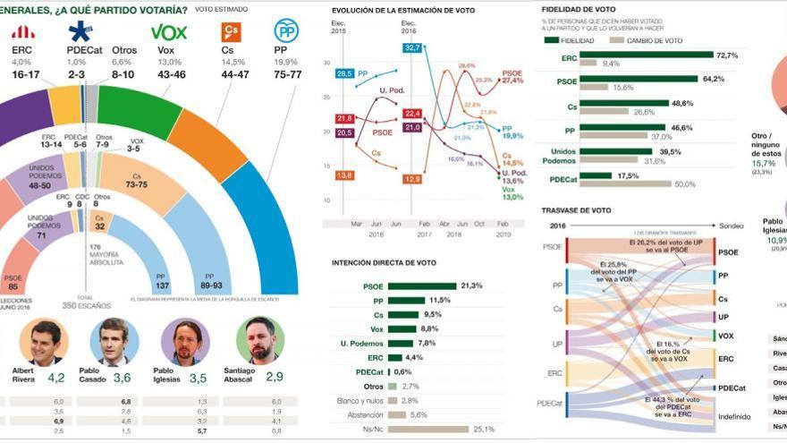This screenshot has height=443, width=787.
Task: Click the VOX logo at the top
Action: pyautogui.click(x=169, y=32)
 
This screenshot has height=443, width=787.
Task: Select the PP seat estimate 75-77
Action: pyautogui.click(x=287, y=76)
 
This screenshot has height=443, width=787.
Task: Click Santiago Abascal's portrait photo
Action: pyautogui.click(x=260, y=340)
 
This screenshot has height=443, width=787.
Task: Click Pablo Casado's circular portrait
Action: pyautogui.click(x=114, y=340)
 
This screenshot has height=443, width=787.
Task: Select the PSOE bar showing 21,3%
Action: pyautogui.click(x=421, y=286)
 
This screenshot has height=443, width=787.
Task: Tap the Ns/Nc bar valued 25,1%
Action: pyautogui.click(x=428, y=429)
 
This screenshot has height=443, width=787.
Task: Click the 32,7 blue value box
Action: pyautogui.click(x=412, y=47)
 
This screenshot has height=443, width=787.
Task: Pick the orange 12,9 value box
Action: pyautogui.click(x=412, y=179)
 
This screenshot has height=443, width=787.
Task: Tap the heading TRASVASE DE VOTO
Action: pyautogui.click(x=577, y=210)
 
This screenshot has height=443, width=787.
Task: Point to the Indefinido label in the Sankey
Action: pyautogui.click(x=735, y=415)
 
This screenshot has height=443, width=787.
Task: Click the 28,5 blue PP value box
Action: pyautogui.click(x=344, y=73)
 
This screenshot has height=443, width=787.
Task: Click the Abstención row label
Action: pyautogui.click(x=367, y=414)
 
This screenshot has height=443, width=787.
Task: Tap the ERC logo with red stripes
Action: pyautogui.click(x=22, y=32)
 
